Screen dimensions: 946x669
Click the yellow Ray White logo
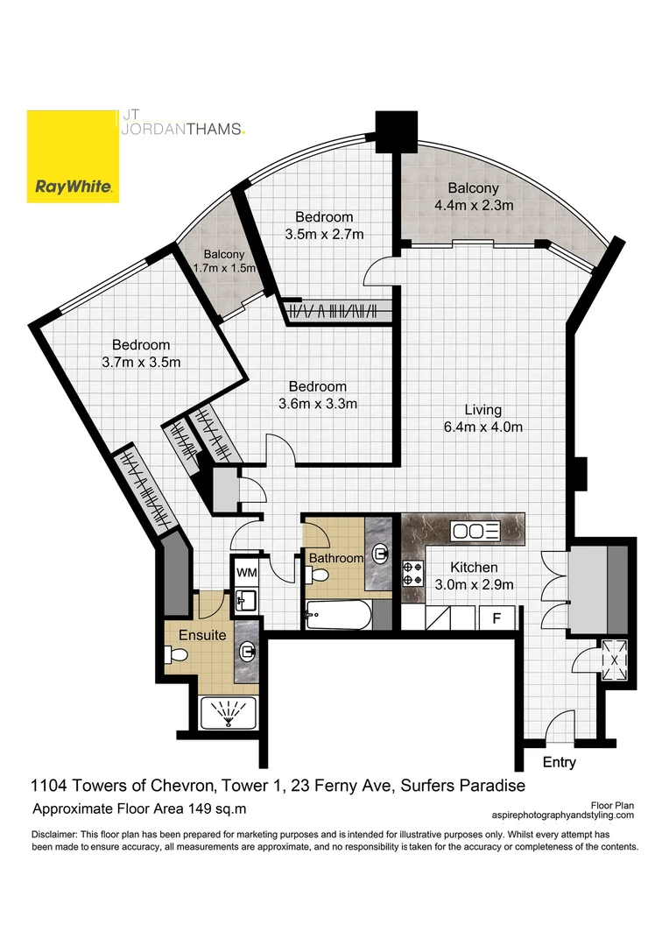point(73,156)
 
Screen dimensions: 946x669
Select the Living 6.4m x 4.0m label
point(482,419)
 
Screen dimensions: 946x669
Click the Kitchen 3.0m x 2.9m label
point(474,576)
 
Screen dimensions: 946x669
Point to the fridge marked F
point(496,618)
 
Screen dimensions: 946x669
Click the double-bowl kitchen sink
point(475,531)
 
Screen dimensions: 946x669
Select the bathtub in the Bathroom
point(338,617)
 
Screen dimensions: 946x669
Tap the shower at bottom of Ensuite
point(230,713)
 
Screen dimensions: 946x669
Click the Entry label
point(559,762)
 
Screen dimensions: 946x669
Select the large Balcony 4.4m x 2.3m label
point(473,197)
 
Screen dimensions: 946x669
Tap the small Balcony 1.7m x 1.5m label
point(215,261)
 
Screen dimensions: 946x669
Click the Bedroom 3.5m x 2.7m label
point(323,225)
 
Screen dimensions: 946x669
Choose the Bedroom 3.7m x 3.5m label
point(140,354)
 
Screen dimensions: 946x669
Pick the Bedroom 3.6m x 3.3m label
point(318,395)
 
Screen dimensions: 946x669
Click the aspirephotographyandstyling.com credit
point(574,814)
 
